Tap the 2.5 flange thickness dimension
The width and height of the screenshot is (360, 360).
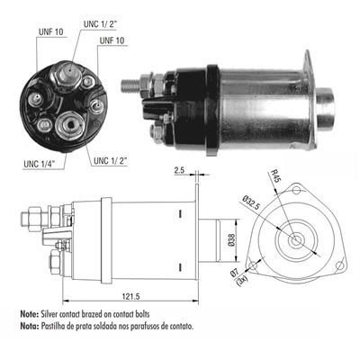(x=179, y=170)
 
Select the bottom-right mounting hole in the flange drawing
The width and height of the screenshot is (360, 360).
(x=341, y=267)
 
